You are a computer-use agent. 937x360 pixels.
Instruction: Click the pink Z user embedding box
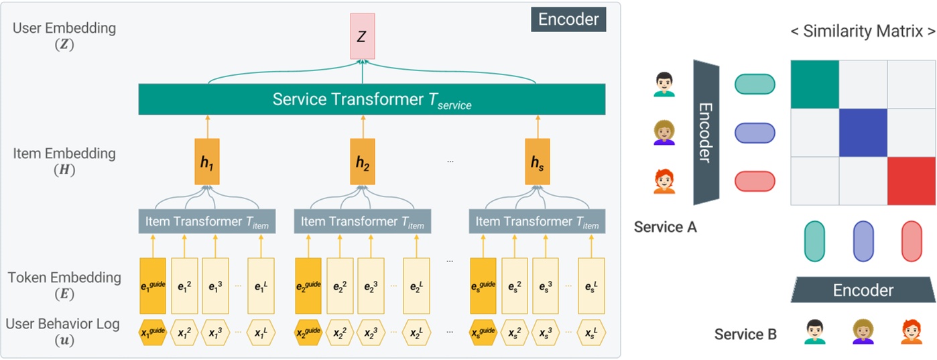[x=361, y=38]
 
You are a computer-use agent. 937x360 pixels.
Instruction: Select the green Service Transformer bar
[x=371, y=99]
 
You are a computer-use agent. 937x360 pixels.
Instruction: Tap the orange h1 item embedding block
[x=207, y=162]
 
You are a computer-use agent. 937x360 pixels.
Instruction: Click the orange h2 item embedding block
[x=362, y=162]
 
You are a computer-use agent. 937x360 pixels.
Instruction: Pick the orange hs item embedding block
[x=538, y=162]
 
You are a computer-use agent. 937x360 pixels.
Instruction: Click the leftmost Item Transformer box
[x=204, y=222]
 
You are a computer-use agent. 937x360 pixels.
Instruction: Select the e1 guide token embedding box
[x=152, y=286]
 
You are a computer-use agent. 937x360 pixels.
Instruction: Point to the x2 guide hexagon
[x=308, y=333]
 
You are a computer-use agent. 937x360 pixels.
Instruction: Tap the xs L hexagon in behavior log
[x=590, y=333]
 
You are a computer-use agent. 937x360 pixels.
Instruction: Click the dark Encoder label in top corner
[x=568, y=19]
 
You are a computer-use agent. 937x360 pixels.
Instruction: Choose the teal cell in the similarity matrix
[x=814, y=84]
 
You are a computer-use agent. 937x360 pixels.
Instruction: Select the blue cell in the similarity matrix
[x=863, y=133]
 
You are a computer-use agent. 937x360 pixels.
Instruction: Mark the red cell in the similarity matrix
[x=911, y=181]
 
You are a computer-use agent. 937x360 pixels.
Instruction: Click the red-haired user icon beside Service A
[x=664, y=182]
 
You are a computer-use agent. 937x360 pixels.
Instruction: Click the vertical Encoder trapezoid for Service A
[x=706, y=132]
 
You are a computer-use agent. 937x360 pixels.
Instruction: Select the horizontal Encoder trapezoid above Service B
[x=863, y=290]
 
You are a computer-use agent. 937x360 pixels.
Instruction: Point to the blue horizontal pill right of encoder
[x=755, y=133]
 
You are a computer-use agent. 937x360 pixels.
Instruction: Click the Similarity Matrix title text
[x=863, y=31]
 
